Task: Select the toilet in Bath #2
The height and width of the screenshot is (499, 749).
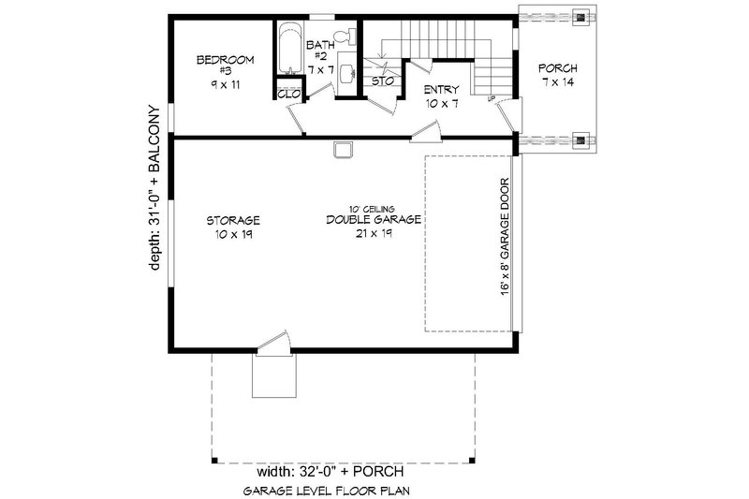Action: [x=349, y=37]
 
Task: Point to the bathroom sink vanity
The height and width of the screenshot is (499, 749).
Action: [x=347, y=73]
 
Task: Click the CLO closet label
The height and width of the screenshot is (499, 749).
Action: [x=286, y=94]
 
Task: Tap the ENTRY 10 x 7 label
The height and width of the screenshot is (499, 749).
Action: [x=440, y=95]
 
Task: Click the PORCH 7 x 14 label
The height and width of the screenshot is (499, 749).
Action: [x=558, y=76]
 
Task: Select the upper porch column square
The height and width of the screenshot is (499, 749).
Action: [x=582, y=16]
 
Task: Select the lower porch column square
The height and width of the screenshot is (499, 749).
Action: [x=582, y=141]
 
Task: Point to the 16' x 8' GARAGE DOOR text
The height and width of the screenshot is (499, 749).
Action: [x=505, y=238]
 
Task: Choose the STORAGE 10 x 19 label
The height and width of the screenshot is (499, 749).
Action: [x=233, y=227]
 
